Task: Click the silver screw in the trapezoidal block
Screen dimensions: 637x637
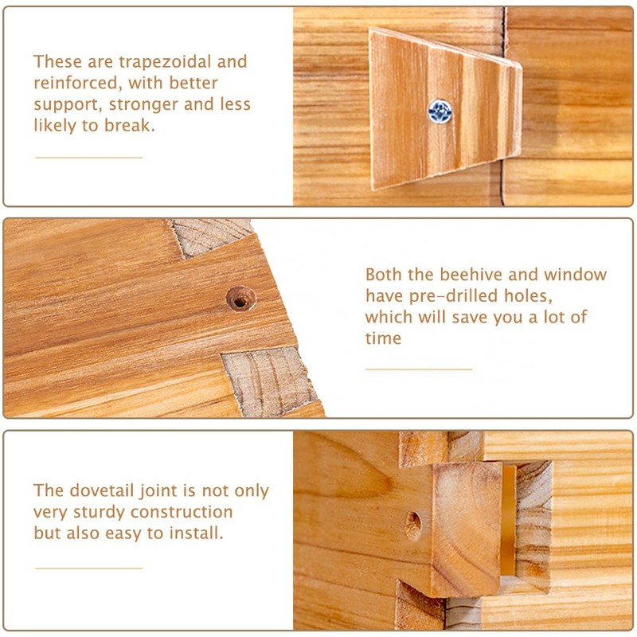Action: (x=440, y=111)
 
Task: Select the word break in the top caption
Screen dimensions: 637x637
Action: (x=128, y=125)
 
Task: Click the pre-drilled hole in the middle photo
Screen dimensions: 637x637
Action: (x=240, y=298)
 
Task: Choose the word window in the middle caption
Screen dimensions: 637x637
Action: (x=575, y=275)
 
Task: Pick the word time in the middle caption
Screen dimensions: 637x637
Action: (x=383, y=338)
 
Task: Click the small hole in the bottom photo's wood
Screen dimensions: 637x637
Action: (x=413, y=525)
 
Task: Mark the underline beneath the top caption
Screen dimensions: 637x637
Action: (x=88, y=157)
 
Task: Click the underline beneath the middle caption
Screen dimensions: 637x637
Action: (x=419, y=369)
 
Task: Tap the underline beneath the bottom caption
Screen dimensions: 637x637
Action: (x=88, y=568)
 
